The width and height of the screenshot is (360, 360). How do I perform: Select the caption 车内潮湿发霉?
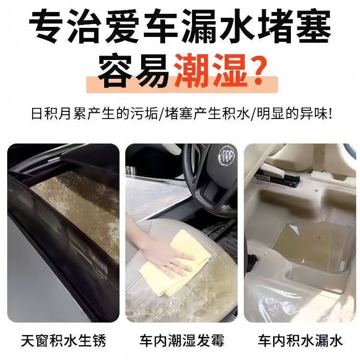(181, 341)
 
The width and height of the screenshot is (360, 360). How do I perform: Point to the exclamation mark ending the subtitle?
(330, 115)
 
